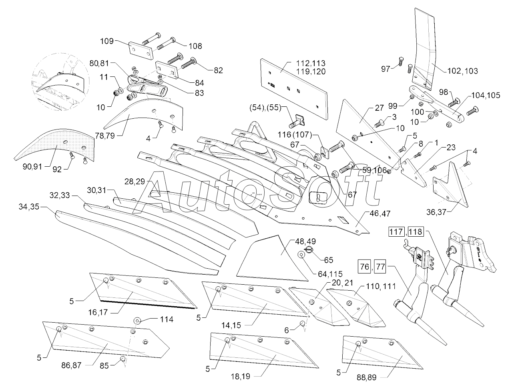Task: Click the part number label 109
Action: (107, 41)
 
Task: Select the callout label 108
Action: (195, 46)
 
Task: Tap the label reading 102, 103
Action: (462, 71)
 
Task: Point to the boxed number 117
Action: (396, 232)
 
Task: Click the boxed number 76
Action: (365, 266)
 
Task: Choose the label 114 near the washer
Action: (167, 319)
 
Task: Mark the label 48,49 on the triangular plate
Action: (305, 241)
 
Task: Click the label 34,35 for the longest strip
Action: (29, 207)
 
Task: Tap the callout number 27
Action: (379, 108)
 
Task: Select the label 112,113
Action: (311, 63)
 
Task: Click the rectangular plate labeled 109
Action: (141, 51)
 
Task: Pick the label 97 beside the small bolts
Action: (386, 69)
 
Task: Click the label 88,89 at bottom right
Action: (366, 377)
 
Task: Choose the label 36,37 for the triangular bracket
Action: (436, 212)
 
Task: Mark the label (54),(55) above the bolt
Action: (265, 108)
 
